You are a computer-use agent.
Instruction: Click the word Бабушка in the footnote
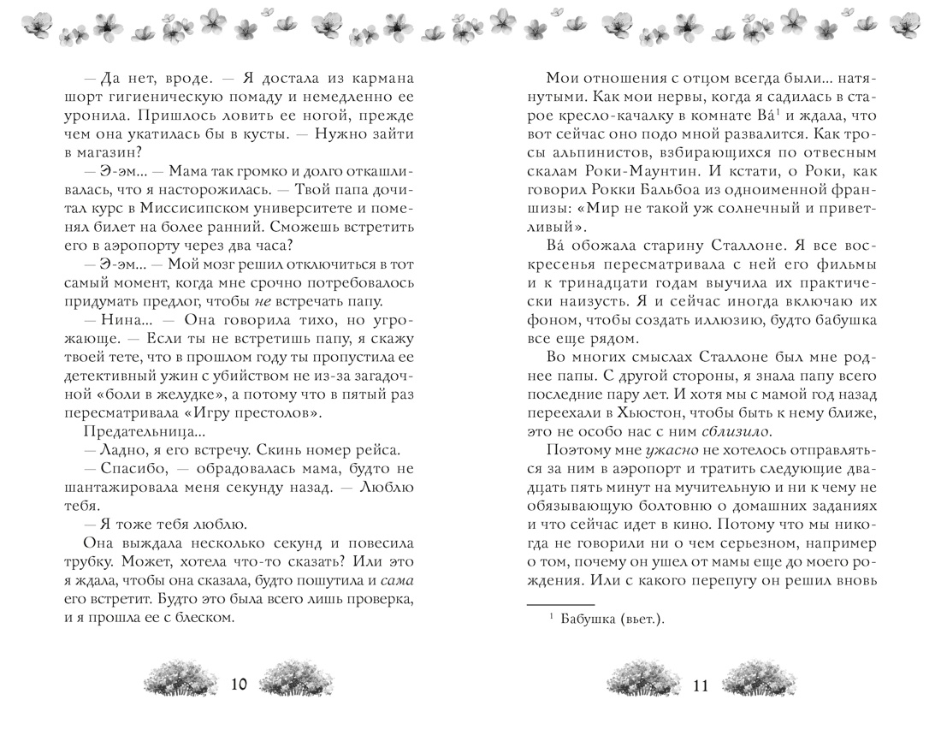point(594,623)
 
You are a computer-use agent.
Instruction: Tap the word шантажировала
point(136,490)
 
